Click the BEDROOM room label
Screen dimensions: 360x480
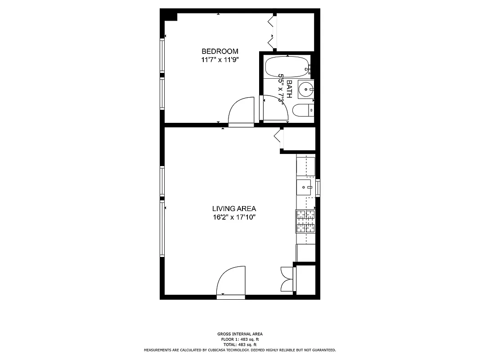[220, 51]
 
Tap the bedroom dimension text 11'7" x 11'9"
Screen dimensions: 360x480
[220, 60]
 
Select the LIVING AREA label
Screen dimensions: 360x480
[234, 208]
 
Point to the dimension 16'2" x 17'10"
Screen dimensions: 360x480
[234, 217]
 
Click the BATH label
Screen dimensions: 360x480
[289, 89]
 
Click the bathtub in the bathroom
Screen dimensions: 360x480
[287, 67]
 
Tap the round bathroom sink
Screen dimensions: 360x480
[307, 90]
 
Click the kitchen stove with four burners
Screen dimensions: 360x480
[305, 221]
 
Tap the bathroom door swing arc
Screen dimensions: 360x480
[274, 108]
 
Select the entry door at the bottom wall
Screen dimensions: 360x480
[231, 281]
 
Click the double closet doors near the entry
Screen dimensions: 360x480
[286, 279]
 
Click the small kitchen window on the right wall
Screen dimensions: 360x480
[318, 188]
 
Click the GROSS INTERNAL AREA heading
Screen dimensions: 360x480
[240, 334]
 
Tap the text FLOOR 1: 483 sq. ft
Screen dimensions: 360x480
[240, 339]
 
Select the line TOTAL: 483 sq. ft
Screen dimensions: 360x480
[240, 345]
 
